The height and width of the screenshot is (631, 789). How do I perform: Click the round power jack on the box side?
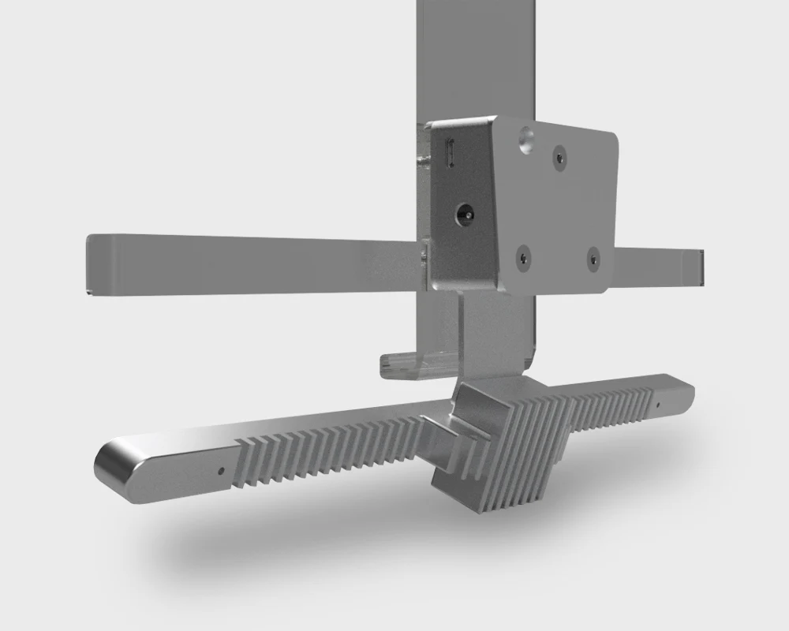[x=465, y=212]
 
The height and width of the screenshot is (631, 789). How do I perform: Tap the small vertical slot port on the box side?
[x=451, y=151]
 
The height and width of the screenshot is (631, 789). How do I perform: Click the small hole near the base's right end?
[x=658, y=405]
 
